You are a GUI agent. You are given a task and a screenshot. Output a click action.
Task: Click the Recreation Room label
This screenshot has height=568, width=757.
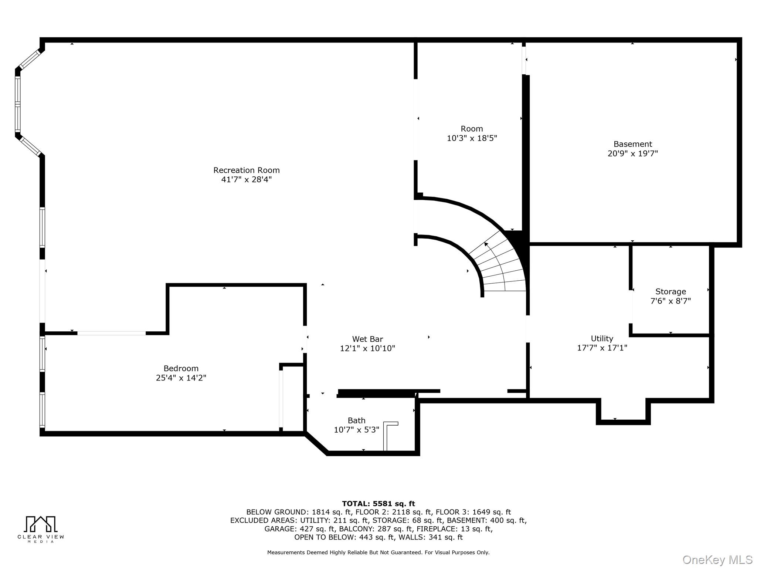(x=246, y=170)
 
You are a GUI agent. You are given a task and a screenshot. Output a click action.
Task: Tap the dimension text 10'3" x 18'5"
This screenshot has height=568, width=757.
(x=472, y=138)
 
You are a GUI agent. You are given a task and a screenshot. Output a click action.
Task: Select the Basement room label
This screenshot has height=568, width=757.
(x=632, y=144)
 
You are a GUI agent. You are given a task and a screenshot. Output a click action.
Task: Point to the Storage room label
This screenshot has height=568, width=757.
(x=670, y=291)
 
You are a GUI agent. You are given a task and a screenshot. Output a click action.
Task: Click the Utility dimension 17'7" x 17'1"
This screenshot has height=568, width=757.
(x=602, y=348)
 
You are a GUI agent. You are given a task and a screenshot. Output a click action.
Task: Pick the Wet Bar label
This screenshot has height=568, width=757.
(x=367, y=339)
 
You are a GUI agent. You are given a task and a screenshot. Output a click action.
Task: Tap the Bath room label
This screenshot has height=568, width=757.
(x=356, y=420)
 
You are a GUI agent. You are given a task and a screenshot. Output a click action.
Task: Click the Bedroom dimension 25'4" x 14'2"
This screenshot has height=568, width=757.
(x=181, y=378)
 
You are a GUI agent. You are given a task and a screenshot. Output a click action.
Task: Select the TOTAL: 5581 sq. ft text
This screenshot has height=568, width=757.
(x=378, y=504)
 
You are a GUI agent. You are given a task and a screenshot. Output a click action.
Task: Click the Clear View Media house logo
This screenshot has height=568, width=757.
(x=40, y=524)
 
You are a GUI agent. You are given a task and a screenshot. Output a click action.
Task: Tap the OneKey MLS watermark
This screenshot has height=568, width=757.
(x=717, y=559)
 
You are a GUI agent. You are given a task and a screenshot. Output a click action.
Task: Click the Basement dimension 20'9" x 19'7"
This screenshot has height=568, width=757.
(x=632, y=153)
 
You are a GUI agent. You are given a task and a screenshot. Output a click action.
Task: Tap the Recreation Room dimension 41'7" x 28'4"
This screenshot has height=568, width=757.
(x=246, y=180)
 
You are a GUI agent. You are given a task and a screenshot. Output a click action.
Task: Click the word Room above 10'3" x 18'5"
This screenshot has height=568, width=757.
(x=472, y=129)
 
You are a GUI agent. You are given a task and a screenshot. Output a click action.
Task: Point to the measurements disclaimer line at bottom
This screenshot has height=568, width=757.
(x=378, y=552)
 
